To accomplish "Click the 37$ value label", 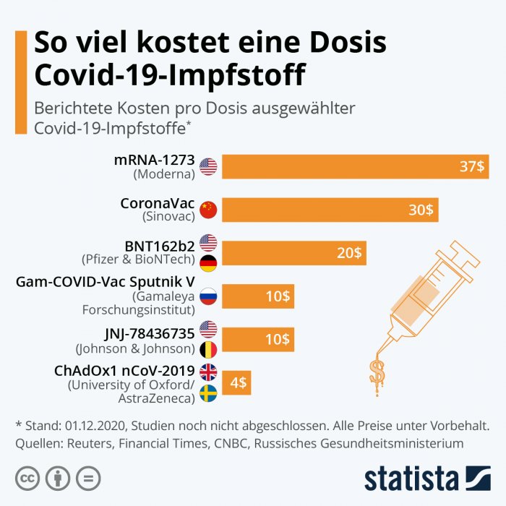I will coord(473,166).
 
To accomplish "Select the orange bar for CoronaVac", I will coord(330,210).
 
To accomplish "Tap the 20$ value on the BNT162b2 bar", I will coord(350,253).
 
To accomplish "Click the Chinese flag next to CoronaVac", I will coord(208,210).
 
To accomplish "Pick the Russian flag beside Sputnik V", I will coord(208,296).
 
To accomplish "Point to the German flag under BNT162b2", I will coord(208,265).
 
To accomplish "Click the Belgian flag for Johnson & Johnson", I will coord(208,350).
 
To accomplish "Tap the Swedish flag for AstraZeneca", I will coord(208,394).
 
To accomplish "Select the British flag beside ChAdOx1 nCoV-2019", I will coord(208,372).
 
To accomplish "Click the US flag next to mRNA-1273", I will coord(208,166).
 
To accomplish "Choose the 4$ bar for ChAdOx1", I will coord(236,383).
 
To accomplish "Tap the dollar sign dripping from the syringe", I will coord(377,372).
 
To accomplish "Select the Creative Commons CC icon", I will coord(27,478).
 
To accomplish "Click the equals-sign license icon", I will coord(88,478).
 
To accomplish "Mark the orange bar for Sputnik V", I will coord(257,296).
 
